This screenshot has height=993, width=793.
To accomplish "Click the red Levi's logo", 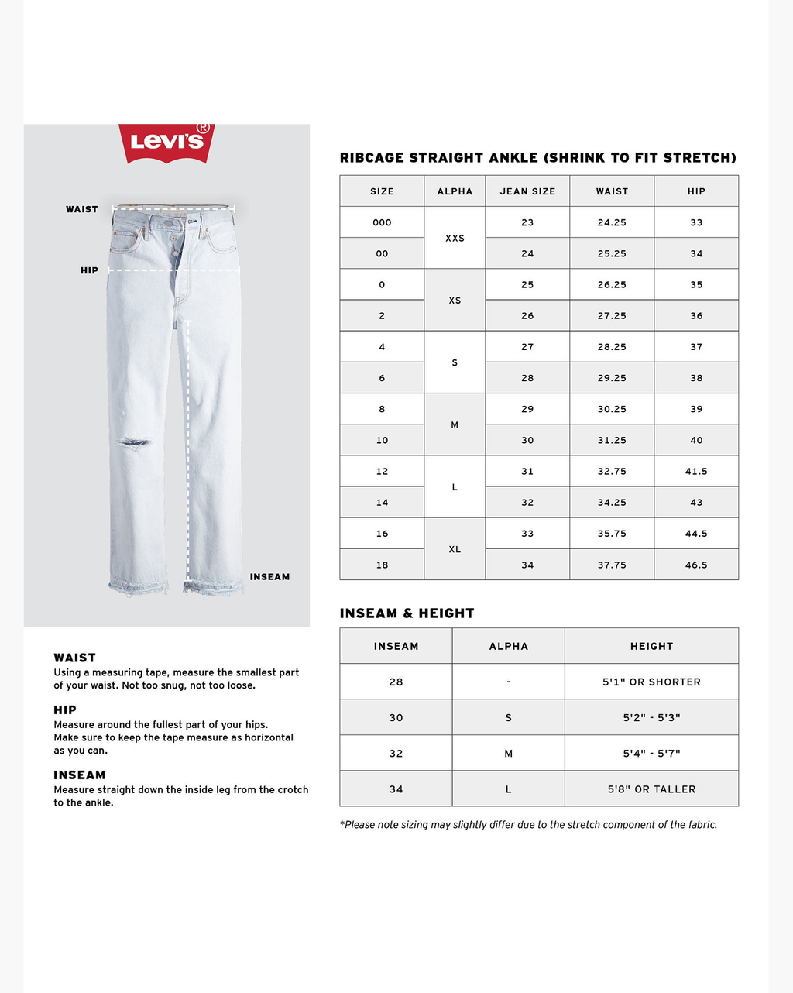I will point(166,143).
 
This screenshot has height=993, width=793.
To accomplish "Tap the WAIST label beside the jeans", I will point(81,209).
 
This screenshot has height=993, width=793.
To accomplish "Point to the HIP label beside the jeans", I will point(89,270).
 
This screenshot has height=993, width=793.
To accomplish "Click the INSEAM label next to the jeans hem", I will point(269,577).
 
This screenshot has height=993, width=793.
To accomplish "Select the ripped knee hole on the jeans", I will point(133,443).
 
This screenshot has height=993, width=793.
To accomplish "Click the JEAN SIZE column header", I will point(527,191).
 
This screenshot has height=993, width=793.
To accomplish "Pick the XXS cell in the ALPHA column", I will point(455,238).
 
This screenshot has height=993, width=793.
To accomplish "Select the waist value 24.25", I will point(612,222).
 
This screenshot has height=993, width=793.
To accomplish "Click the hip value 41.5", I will point(696,471).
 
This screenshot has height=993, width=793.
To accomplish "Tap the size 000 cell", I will point(382,222).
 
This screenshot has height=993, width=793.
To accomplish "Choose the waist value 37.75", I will point(612,565).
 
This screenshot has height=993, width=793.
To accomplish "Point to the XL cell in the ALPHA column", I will point(455,549).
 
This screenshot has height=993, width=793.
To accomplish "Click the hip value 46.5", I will point(696,565).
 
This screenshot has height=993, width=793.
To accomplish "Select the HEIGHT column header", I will point(651,646).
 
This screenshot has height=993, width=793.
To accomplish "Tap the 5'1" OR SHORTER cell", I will point(651,682).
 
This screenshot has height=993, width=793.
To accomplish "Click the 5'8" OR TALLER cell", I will point(651,789).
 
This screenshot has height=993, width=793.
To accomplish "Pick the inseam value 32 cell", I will point(396,753).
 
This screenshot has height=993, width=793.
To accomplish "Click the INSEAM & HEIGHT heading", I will point(407,613).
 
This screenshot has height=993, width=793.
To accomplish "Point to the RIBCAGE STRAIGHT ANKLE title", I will point(537,158).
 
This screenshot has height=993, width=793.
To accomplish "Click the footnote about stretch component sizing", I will point(528,825).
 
